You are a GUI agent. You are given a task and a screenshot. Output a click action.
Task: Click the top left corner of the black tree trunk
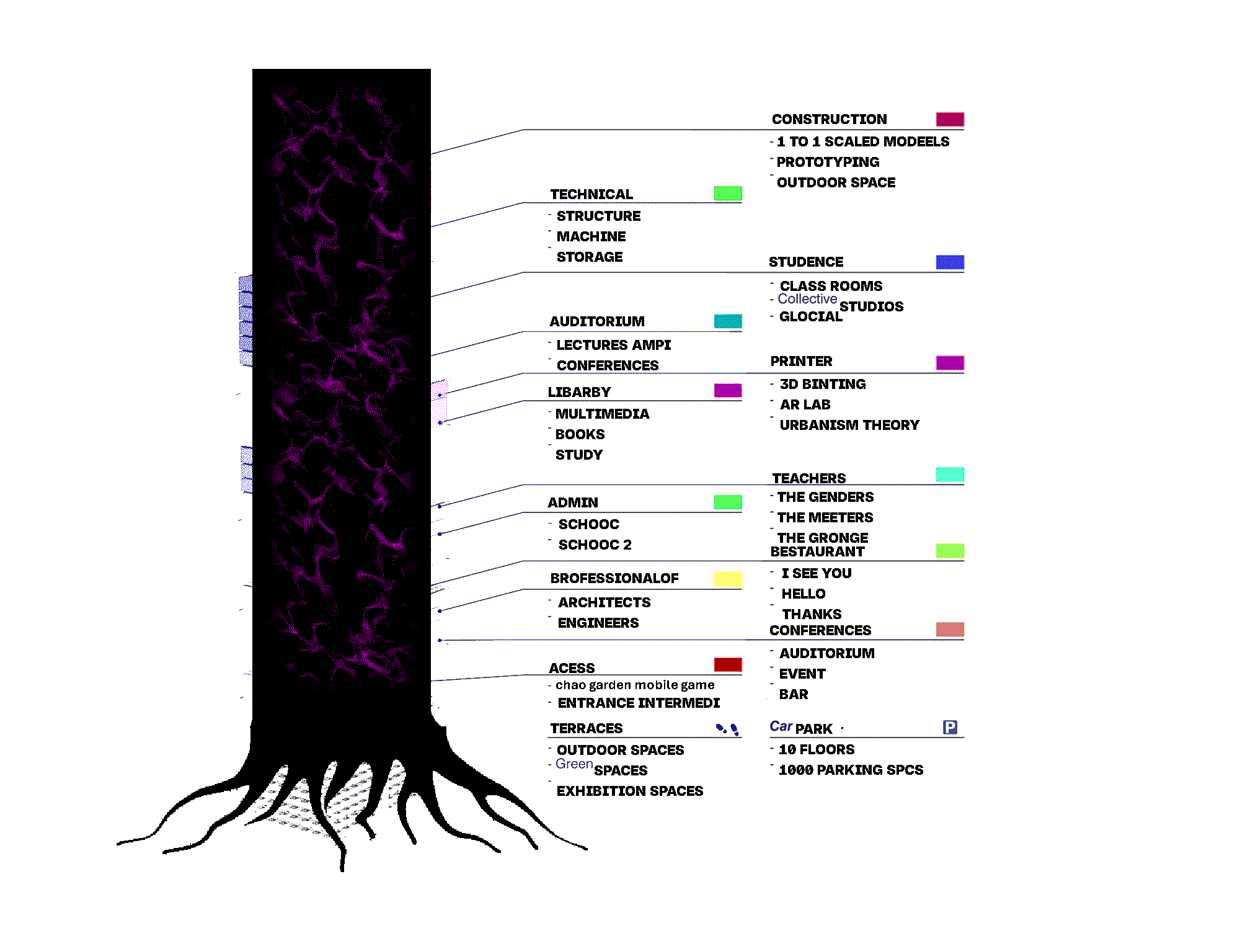point(253,69)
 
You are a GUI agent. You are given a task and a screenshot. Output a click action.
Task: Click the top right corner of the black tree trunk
point(430,69)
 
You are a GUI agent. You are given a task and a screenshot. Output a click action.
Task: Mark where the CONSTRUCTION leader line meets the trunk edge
point(431,153)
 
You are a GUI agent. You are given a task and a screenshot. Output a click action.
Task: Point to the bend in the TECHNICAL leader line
point(524,202)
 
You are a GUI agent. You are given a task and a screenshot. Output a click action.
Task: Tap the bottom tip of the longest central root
point(342,870)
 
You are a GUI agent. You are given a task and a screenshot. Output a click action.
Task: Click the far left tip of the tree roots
point(118,844)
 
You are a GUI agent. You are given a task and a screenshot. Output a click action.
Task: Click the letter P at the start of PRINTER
point(775,361)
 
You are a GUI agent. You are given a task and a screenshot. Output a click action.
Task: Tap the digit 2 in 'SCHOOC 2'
point(627,545)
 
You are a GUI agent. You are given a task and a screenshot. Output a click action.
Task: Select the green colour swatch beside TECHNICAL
point(728,194)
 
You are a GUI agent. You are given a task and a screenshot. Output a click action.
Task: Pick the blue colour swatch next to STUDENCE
point(950,262)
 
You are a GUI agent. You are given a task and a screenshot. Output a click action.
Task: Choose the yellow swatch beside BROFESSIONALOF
point(728,579)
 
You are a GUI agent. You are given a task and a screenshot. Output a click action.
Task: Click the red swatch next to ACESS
point(728,664)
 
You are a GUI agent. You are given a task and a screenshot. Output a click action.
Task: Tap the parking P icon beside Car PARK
point(950,727)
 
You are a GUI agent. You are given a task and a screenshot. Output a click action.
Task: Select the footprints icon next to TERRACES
point(728,729)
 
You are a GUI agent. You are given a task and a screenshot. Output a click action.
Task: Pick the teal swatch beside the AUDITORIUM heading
point(728,321)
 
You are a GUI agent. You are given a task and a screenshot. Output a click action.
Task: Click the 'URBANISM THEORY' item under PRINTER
point(849,425)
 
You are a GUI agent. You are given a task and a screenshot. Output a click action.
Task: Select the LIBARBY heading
point(579,392)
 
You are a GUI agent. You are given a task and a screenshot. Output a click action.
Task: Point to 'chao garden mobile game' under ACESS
point(635,685)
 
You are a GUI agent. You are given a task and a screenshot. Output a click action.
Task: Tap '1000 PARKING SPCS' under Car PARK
point(851,770)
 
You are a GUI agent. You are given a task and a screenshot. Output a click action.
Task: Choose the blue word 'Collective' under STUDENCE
point(807,299)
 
